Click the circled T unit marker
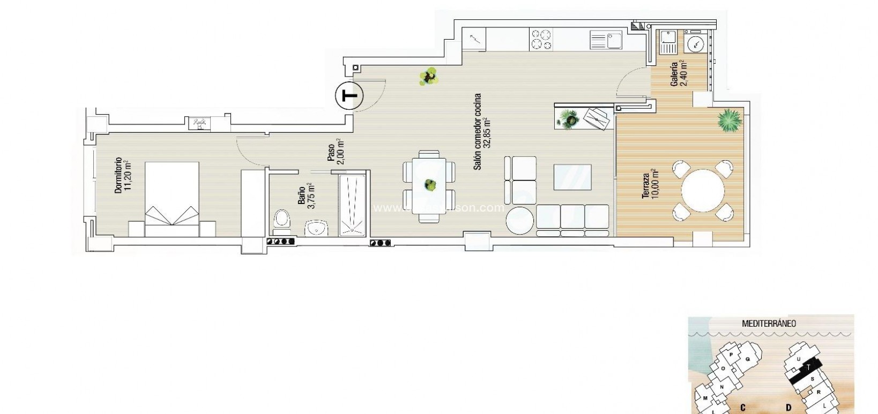click(x=349, y=96)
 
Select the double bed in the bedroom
click(x=172, y=199)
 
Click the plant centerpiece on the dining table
click(x=429, y=185)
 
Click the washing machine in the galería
click(x=695, y=44)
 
